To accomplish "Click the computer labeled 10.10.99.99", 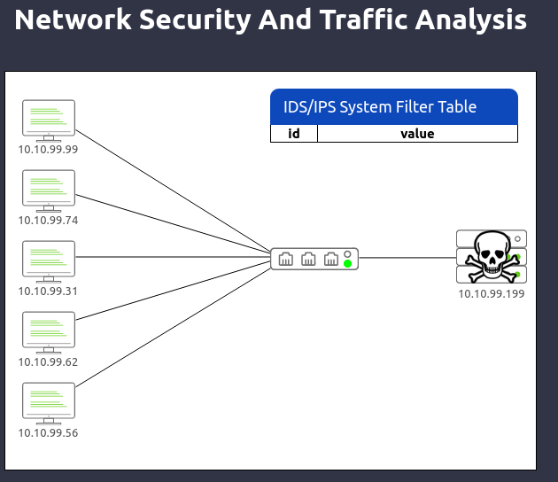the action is tap(49, 120).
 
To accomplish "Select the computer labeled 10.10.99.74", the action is tap(49, 190).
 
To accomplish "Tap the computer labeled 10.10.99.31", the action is tap(49, 261).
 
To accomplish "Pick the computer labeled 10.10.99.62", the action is tap(49, 332).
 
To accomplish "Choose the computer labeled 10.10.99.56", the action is tap(49, 403).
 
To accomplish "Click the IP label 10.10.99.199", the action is tap(492, 293).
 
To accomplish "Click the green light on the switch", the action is tap(348, 263).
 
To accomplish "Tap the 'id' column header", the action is tap(294, 134).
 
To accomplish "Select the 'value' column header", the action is tap(417, 134).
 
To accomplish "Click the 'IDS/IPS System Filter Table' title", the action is tap(380, 107).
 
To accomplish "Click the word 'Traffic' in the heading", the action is tap(364, 19).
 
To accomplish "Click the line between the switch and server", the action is tap(407, 257).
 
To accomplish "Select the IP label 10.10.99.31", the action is tap(48, 292).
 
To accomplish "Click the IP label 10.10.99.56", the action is tap(48, 433).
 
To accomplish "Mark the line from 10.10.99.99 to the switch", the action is tap(174, 191).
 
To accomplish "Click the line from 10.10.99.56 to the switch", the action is tap(174, 328).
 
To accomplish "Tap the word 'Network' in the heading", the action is tap(73, 19).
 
